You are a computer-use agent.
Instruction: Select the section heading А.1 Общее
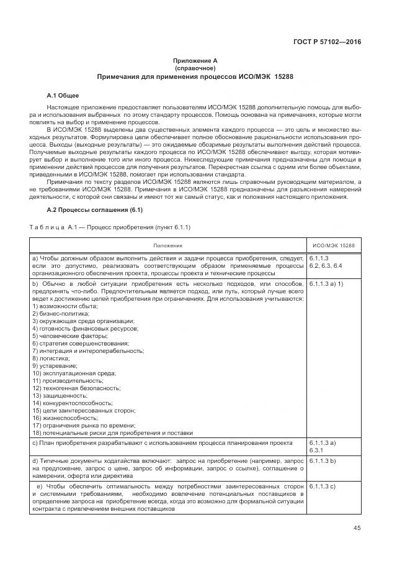click(63, 96)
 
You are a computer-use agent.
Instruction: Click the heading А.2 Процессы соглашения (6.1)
click(95, 209)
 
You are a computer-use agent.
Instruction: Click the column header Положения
click(168, 245)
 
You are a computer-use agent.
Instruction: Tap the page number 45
click(356, 528)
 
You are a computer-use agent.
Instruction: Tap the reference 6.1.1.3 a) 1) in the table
click(326, 284)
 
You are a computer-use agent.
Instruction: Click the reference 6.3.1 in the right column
click(317, 449)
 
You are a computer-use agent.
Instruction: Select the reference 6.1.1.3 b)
click(322, 462)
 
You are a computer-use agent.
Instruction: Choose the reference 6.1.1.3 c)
click(322, 486)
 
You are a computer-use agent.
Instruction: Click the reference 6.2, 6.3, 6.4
click(325, 265)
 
